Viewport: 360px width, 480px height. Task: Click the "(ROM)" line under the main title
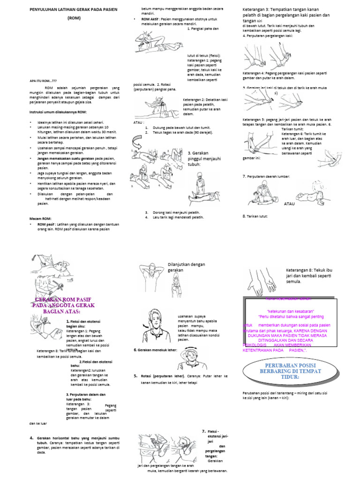point(74,18)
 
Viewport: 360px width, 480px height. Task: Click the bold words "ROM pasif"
point(45,225)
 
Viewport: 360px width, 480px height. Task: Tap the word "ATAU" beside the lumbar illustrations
point(290,204)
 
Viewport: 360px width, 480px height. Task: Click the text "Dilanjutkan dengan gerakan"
point(186,268)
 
